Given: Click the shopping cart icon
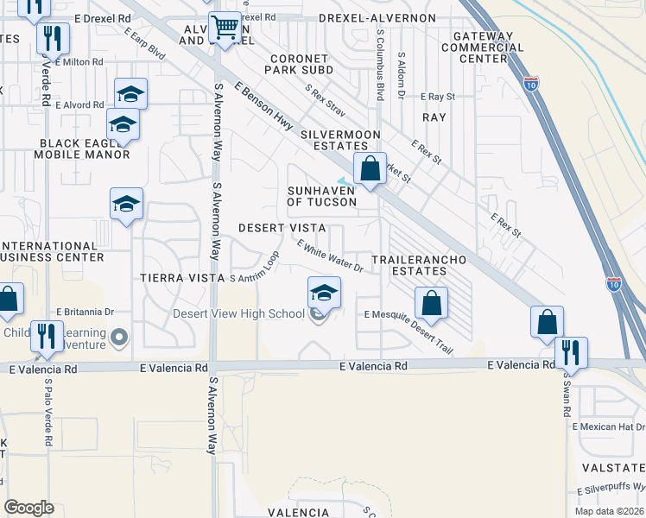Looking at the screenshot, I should pyautogui.click(x=225, y=28).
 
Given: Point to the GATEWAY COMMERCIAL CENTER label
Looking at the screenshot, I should pyautogui.click(x=477, y=47).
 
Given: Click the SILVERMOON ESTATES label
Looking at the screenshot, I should pyautogui.click(x=340, y=141).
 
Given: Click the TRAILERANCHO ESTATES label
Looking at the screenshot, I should pyautogui.click(x=419, y=265).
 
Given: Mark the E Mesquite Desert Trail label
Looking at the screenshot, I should pyautogui.click(x=408, y=331).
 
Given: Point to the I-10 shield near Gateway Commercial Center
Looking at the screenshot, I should pyautogui.click(x=530, y=84).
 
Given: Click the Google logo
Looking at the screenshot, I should pyautogui.click(x=28, y=507).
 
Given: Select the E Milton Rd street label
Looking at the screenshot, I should pyautogui.click(x=79, y=62).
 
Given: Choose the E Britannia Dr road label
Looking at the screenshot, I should pyautogui.click(x=85, y=311).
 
